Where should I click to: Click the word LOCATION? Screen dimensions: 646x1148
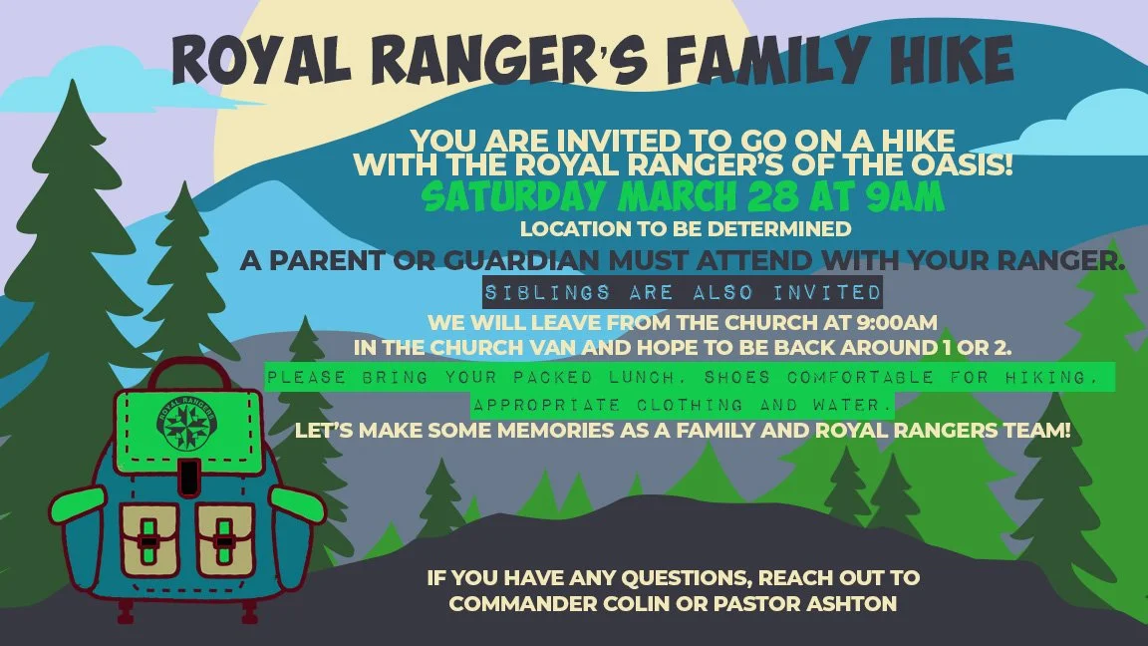click(x=573, y=228)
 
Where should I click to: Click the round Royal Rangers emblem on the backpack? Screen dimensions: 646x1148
click(x=188, y=423)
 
